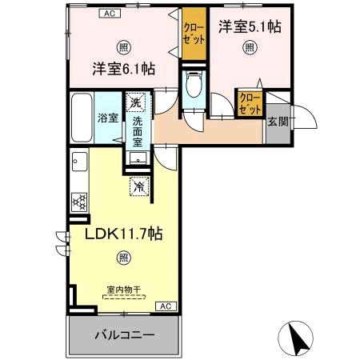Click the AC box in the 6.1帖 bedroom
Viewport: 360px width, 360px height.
(110, 13)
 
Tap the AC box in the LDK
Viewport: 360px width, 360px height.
(166, 306)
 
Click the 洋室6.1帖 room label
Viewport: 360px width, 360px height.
(124, 69)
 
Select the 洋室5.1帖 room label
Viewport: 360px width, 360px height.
(250, 27)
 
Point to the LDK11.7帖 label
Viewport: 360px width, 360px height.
(123, 234)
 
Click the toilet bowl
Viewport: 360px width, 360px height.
(194, 84)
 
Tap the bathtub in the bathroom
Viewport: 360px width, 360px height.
(82, 118)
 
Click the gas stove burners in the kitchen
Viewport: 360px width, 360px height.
(79, 202)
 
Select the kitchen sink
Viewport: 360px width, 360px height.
(80, 162)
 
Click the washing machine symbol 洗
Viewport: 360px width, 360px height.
(136, 102)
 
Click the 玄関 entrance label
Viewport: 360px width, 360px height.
(278, 122)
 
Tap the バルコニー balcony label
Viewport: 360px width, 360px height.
(125, 335)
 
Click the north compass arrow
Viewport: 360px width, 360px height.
(300, 338)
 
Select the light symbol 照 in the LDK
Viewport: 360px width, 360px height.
(124, 258)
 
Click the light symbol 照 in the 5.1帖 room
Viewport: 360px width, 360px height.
(250, 48)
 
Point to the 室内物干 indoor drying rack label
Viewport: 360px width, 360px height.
(124, 290)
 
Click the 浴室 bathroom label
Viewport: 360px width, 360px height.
(108, 118)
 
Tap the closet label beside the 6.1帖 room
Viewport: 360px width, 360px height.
(194, 34)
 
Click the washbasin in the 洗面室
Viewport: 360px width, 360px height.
(138, 158)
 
